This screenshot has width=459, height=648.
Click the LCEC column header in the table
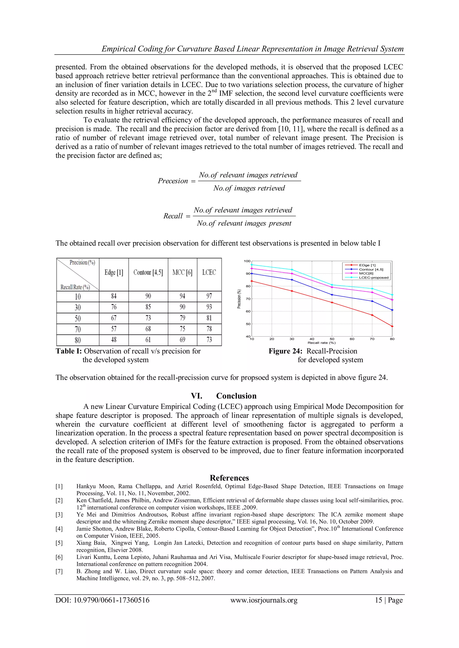pos(209,272)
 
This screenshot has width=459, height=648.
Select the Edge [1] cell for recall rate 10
pos(114,296)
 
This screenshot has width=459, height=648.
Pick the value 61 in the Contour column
pos(148,340)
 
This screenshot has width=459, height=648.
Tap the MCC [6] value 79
pos(182,318)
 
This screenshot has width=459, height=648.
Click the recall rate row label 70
pos(78,329)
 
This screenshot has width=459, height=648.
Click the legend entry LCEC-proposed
pos(374,278)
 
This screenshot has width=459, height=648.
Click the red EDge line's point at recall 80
pos(392,326)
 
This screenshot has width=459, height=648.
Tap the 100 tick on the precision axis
pos(247,261)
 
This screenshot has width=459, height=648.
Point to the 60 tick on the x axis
pos(352,339)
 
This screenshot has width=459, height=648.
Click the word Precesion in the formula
pos(173,181)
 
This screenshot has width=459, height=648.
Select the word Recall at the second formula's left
pos(173,216)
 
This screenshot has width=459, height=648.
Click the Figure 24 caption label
pos(286,351)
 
